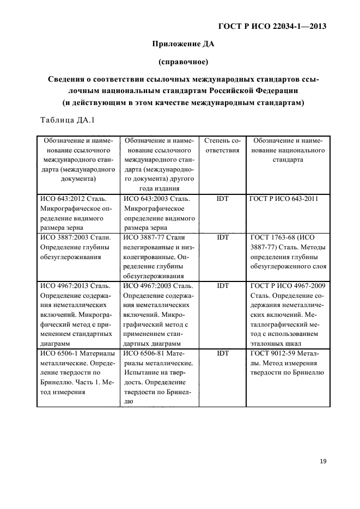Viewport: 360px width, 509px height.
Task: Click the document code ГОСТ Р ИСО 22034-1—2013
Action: [275, 26]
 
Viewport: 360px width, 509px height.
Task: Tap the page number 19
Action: [323, 461]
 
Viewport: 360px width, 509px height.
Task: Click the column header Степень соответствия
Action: [222, 146]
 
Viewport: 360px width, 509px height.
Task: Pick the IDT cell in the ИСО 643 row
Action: [222, 199]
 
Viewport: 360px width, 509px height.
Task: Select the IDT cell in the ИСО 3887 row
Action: [222, 237]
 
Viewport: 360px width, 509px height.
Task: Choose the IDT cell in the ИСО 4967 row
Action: [222, 285]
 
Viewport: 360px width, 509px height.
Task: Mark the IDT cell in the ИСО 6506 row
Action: [222, 353]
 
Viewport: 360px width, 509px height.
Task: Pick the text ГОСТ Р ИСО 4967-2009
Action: [287, 285]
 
